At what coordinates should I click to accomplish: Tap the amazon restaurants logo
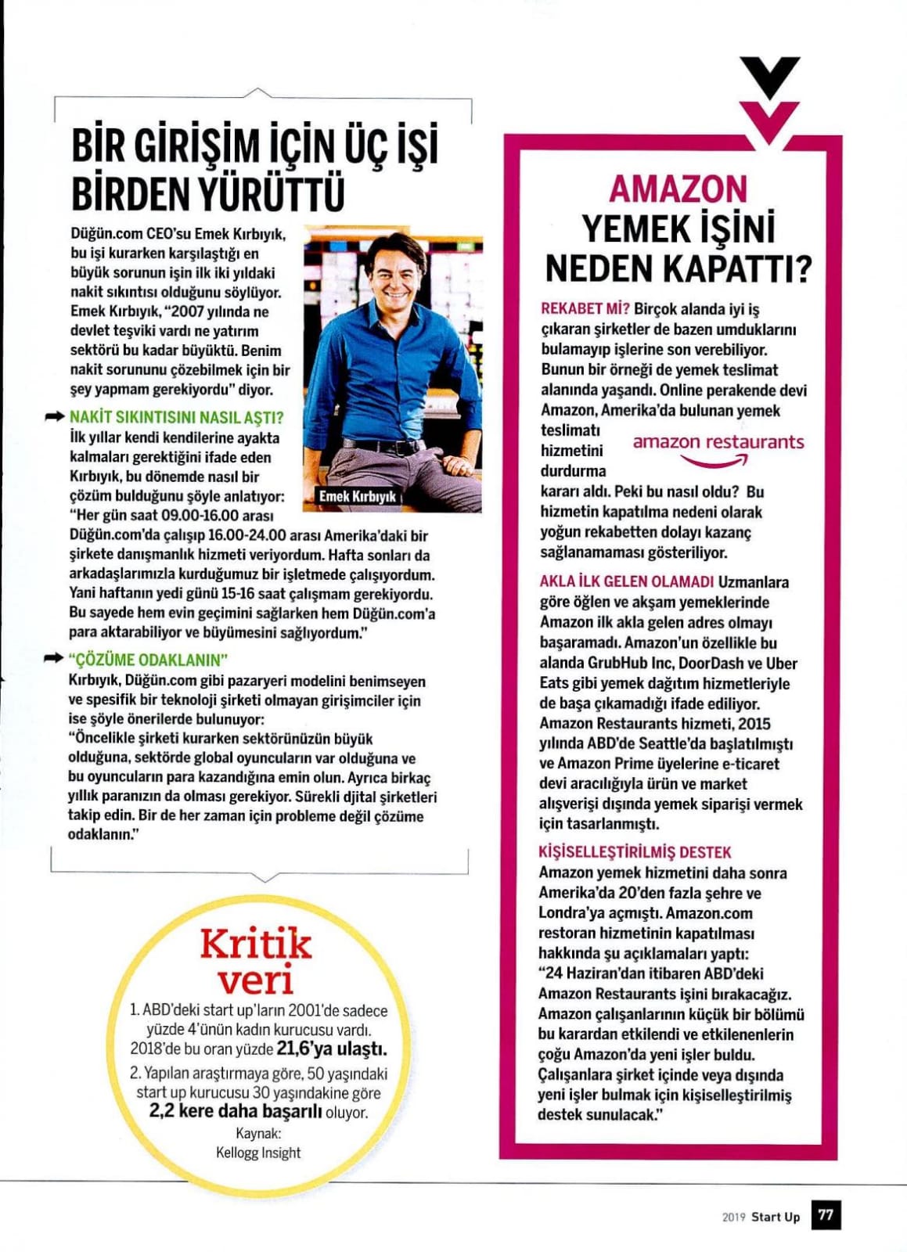coord(718,448)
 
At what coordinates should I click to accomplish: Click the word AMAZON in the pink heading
coord(678,189)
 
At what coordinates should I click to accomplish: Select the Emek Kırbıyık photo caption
coord(357,496)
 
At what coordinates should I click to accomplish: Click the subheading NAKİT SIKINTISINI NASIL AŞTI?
coord(176,417)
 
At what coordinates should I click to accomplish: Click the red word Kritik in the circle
coord(255,944)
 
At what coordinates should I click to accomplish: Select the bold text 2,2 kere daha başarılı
coord(236,1112)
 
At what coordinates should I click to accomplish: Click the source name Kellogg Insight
coord(258,1152)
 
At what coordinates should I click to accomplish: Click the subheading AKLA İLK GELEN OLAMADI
coord(626,581)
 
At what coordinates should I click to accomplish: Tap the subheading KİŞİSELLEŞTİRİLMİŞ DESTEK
coord(635,852)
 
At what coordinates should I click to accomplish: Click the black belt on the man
coord(383,447)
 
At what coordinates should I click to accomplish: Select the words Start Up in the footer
coord(776,1217)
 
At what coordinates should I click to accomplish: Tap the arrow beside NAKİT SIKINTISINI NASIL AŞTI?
coord(55,417)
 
